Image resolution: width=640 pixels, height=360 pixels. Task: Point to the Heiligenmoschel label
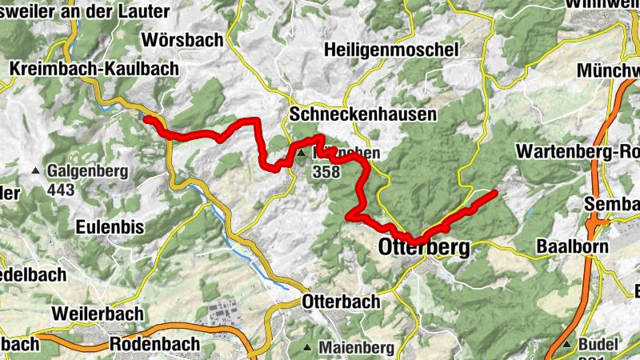coord(391,50)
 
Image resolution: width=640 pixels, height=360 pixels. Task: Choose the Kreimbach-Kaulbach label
coord(94,70)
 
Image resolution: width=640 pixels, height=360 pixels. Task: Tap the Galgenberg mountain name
coord(87,171)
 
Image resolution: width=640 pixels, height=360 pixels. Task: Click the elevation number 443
coord(62,190)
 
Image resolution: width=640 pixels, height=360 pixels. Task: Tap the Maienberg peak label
coord(356,348)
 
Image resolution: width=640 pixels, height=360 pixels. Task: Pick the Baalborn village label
coord(572,246)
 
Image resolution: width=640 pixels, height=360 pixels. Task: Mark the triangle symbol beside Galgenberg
coord(36,171)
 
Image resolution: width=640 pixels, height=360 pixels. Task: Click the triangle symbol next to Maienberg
coord(309,348)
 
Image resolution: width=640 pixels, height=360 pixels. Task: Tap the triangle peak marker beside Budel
coord(567,345)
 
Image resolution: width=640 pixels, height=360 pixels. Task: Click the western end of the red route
coord(146,118)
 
